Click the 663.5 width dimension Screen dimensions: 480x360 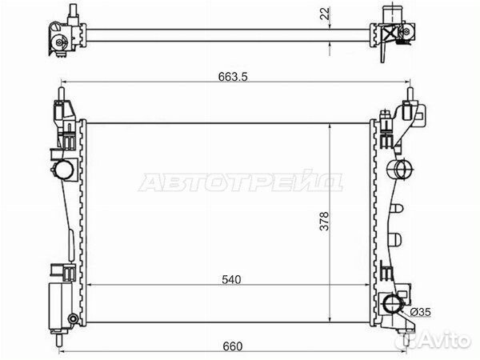(x=233, y=77)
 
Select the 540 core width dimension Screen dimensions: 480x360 (x=231, y=279)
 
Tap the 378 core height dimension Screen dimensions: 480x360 (x=324, y=221)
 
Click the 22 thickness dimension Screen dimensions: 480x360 (x=326, y=14)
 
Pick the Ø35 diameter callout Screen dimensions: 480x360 (x=420, y=312)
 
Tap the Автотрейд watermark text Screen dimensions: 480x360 (x=240, y=182)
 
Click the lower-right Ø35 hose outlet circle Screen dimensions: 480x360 (x=392, y=303)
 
